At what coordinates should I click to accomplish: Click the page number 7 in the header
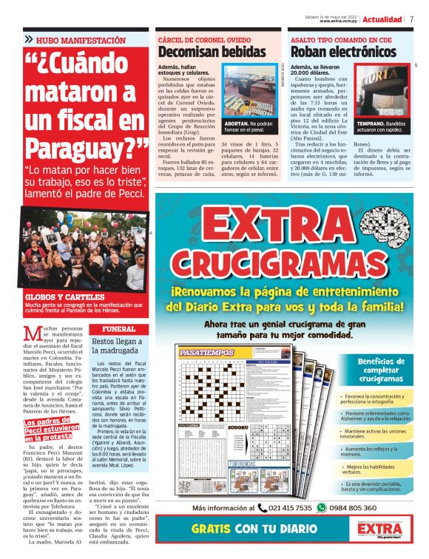click(411, 19)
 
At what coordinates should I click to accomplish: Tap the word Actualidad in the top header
click(383, 19)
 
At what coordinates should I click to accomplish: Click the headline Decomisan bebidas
click(212, 52)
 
